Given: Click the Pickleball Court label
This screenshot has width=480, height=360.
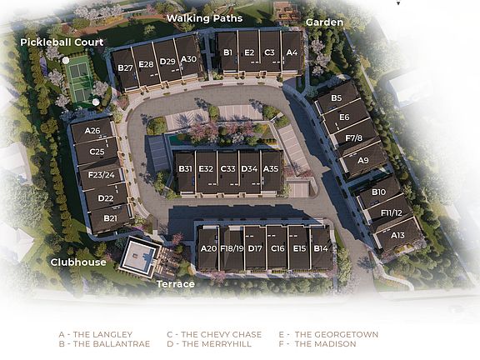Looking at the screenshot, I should [x=63, y=42].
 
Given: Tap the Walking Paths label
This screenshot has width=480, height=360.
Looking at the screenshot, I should [x=204, y=17].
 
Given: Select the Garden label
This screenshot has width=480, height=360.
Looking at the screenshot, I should [x=324, y=22].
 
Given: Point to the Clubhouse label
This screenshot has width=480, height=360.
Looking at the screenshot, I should [x=77, y=262].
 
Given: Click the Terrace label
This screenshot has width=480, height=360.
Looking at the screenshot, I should [x=175, y=284].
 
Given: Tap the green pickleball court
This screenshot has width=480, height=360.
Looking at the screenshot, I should [x=80, y=78].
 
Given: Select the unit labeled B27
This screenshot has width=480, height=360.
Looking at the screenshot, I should [x=126, y=66].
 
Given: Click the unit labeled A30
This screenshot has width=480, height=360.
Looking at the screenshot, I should [x=189, y=58].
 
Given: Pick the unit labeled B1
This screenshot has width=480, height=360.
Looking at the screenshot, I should [x=227, y=52].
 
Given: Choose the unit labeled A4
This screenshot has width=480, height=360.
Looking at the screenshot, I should [x=291, y=52].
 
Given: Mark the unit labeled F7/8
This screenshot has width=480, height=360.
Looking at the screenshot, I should [x=353, y=137].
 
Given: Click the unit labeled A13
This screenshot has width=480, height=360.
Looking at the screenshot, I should [x=397, y=235].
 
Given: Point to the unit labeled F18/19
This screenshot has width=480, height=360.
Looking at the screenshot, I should [x=232, y=248].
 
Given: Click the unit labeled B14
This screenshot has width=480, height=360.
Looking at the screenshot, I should [x=321, y=248].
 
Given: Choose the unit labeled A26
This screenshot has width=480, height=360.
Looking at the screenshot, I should [x=92, y=131].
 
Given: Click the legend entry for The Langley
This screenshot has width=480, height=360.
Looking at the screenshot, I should [x=94, y=335].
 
